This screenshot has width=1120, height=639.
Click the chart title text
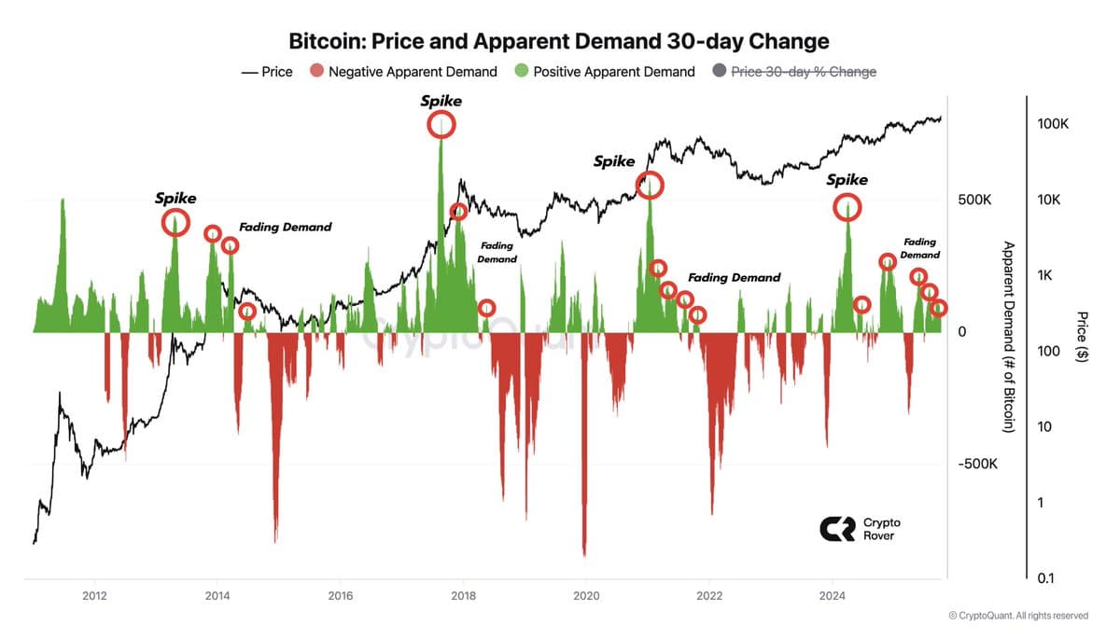[x=559, y=42]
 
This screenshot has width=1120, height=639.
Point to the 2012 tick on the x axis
[x=94, y=597]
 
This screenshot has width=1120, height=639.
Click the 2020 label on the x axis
[x=586, y=597]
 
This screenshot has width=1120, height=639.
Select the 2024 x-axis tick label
[x=833, y=597]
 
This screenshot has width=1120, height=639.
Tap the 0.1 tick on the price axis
[x=1046, y=579]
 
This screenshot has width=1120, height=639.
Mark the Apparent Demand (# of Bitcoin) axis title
[x=1008, y=336]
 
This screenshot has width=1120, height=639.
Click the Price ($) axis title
[x=1082, y=336]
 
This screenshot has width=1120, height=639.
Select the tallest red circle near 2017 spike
[x=442, y=124]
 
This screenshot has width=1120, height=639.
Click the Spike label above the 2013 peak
[x=175, y=199]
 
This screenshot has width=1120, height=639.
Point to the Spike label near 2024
[x=847, y=180]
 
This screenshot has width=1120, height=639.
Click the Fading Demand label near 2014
[x=285, y=227]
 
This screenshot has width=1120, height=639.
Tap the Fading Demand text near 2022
[x=734, y=277]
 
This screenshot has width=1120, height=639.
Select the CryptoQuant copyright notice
[x=1017, y=616]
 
